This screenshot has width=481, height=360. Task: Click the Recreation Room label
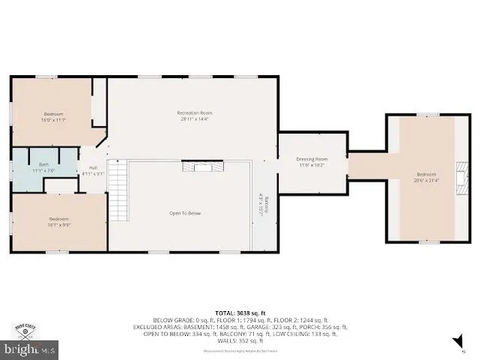[189, 113]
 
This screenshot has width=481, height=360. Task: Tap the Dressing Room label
[311, 159]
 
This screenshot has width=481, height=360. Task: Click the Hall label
[93, 168]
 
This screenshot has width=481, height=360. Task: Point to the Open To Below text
[184, 213]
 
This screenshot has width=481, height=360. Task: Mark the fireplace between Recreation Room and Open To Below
[203, 167]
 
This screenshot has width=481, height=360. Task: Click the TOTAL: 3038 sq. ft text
[240, 312]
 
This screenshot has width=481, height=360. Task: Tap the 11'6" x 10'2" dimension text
[311, 165]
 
